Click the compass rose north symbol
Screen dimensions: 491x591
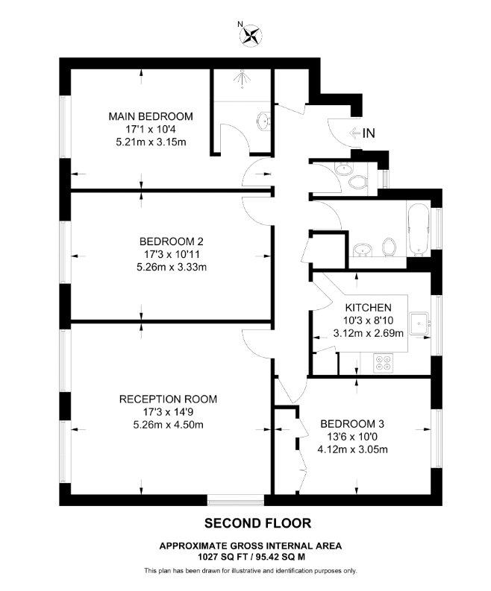click(251, 35)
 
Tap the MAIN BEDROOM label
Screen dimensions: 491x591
click(151, 116)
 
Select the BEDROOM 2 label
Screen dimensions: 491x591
click(172, 241)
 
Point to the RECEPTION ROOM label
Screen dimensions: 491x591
click(168, 399)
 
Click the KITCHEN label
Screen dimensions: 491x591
click(369, 308)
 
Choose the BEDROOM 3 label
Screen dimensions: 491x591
click(352, 424)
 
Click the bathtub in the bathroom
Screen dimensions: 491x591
click(418, 229)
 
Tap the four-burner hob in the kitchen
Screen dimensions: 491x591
click(383, 363)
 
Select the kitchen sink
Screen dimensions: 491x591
click(419, 323)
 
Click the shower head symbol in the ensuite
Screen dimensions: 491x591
click(242, 79)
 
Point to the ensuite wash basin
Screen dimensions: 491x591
click(264, 121)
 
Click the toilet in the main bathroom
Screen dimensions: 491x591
click(389, 247)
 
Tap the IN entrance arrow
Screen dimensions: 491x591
click(354, 133)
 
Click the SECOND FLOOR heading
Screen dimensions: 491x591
click(257, 523)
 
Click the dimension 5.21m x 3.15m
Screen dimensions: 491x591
click(151, 142)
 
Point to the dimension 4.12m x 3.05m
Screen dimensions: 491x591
click(352, 449)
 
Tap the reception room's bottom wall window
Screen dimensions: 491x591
click(236, 500)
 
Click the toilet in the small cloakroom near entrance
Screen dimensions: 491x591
click(357, 183)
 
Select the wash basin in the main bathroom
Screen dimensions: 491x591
click(363, 250)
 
